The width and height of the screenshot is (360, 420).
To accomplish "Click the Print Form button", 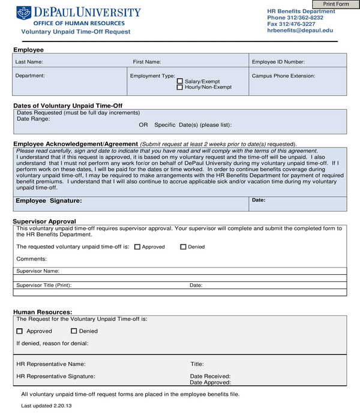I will [x=336, y=4].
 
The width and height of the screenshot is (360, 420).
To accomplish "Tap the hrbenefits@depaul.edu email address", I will [x=299, y=30].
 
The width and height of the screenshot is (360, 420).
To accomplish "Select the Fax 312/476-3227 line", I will [x=291, y=24].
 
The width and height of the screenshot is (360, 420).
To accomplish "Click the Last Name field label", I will [x=29, y=62].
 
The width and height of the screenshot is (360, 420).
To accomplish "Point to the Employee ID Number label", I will [x=278, y=62].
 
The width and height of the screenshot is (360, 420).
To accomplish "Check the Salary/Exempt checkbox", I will [x=180, y=81].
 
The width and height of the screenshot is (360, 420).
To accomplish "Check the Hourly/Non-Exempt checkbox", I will [x=180, y=88].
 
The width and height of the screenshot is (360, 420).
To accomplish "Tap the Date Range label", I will [x=33, y=119].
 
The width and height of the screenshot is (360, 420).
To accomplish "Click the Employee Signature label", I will [x=49, y=201].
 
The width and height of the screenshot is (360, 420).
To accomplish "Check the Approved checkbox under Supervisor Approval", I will [x=137, y=247].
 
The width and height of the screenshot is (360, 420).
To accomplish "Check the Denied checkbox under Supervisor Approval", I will [x=184, y=247].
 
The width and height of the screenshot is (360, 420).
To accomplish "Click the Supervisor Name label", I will [x=38, y=271].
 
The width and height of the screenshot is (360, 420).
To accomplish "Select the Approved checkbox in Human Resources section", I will [x=20, y=331].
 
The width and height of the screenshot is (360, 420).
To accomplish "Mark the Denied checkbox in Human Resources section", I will [x=74, y=331].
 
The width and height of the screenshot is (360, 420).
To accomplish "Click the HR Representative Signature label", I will [x=56, y=376].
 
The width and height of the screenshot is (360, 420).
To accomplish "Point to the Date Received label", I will [x=210, y=376].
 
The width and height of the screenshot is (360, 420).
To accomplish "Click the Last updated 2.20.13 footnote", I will [x=46, y=407].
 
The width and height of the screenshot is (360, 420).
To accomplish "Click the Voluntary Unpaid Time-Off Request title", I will [x=76, y=32].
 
